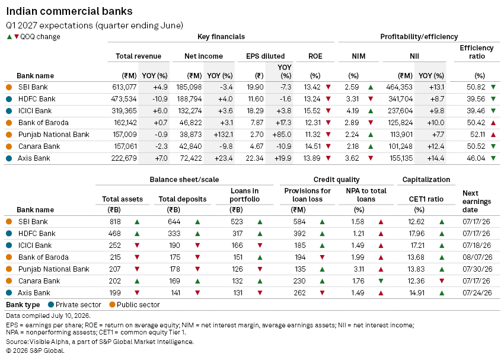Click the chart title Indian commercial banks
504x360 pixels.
(x=69, y=11)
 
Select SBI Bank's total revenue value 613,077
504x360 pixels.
(x=125, y=87)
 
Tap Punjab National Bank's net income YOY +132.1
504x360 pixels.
(x=223, y=135)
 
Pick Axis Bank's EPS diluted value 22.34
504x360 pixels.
(x=255, y=158)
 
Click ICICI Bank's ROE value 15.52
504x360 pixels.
(x=312, y=111)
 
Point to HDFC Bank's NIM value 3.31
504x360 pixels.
(x=352, y=99)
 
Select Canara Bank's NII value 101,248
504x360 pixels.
(x=400, y=146)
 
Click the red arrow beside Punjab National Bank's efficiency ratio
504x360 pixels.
(x=493, y=135)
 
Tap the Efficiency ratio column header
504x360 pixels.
(x=477, y=52)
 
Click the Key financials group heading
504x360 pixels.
(x=221, y=37)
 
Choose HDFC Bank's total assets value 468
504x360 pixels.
(x=115, y=234)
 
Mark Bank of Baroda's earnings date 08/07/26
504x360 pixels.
(x=477, y=257)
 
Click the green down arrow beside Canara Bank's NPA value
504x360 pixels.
(x=381, y=281)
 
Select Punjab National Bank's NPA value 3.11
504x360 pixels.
(x=358, y=269)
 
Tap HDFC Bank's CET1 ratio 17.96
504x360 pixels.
(x=416, y=234)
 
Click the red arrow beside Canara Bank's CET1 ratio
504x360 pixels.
(x=442, y=281)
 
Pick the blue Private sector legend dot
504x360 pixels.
(x=51, y=305)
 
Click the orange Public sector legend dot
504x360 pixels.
(x=112, y=305)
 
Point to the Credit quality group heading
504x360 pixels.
(x=337, y=180)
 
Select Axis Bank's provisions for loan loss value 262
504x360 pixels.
(x=299, y=293)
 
